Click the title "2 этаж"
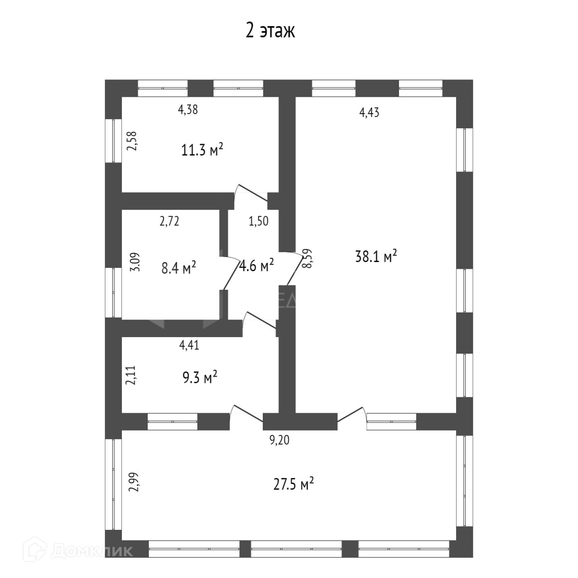tap(270, 31)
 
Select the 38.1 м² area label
tap(376, 256)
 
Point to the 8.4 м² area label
tap(178, 267)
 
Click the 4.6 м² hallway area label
tap(257, 265)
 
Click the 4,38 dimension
tap(188, 110)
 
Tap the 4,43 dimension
tap(369, 113)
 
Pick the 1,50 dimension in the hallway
tap(258, 221)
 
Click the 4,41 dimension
tap(189, 345)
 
